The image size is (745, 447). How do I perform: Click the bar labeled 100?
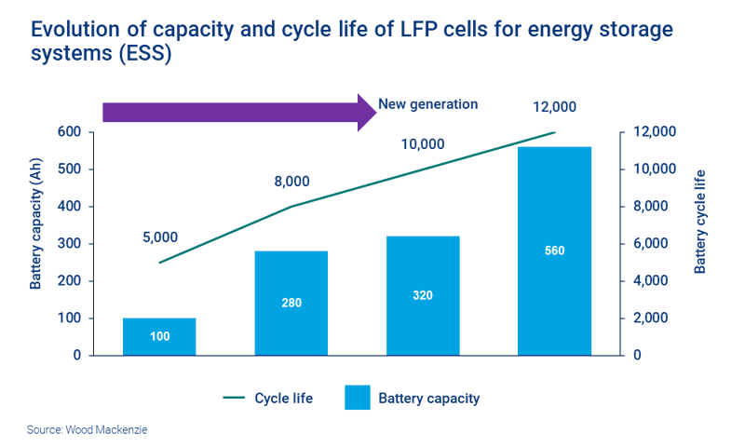coord(159,336)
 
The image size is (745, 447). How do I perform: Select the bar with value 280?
coord(291,303)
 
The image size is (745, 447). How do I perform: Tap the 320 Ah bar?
coord(423,295)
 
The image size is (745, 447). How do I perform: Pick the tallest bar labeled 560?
coord(555,251)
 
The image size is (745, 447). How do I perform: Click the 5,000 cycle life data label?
coord(160,237)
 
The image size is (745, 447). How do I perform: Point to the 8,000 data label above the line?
coord(291,182)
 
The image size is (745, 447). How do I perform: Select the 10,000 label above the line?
coord(423,144)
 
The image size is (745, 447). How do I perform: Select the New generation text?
coord(427,104)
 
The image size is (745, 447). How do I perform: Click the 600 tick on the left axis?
coord(69,132)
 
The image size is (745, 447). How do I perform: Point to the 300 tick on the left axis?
coord(69,244)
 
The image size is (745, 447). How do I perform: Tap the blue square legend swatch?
coord(358,398)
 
